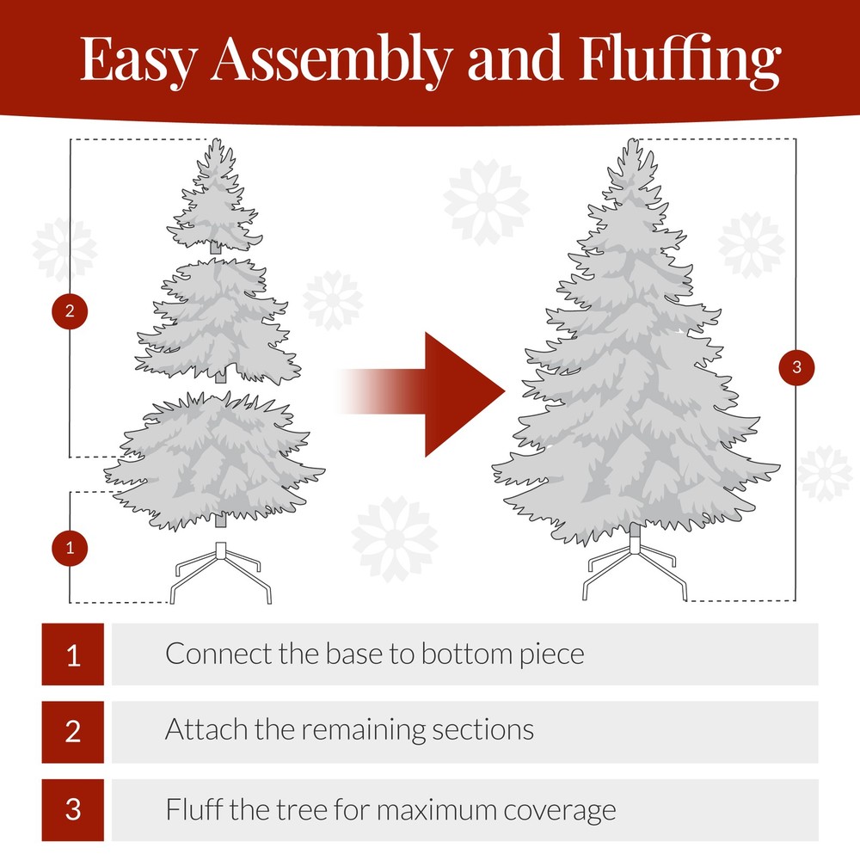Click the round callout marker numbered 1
point(70,547)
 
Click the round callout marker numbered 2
point(70,310)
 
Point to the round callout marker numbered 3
point(796,368)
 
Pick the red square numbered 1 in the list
point(73,654)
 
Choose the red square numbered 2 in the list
point(73,732)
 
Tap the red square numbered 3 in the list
point(73,810)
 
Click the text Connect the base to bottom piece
point(374,654)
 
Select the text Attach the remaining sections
point(349,730)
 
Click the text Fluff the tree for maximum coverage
point(390,809)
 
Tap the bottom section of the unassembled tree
point(215,456)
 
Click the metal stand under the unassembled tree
point(221,572)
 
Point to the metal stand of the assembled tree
point(635,568)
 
